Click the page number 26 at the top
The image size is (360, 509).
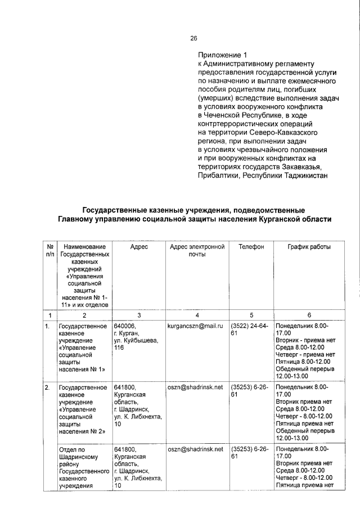[193, 38]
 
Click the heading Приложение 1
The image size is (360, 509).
[222, 55]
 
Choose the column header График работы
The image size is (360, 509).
[309, 247]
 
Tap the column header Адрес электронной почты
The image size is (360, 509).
[196, 251]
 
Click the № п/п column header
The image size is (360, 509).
[50, 251]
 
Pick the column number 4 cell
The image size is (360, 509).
[196, 316]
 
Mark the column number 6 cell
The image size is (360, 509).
[309, 316]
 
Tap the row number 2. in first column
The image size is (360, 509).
[48, 388]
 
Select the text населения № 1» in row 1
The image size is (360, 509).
[82, 370]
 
